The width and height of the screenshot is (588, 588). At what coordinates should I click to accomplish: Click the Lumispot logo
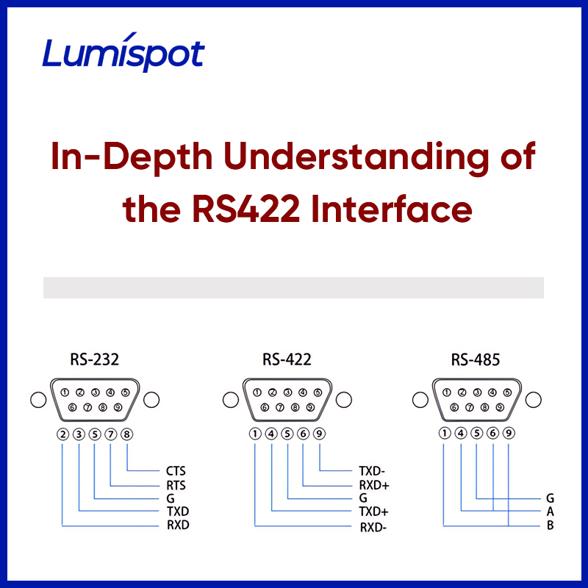coord(123,54)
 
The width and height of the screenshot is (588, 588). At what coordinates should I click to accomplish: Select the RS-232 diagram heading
coord(95,360)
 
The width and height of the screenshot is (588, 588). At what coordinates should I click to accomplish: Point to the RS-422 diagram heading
coord(287,360)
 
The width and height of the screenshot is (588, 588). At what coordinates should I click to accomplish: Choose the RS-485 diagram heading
coord(476,360)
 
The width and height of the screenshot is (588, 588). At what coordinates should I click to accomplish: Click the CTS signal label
coord(176,471)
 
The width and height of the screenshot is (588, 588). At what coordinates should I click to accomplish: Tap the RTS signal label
coord(176,485)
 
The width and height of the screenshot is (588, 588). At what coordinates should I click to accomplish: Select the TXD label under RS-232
coord(176,512)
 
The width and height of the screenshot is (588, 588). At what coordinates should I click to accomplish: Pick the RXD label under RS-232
coord(176,526)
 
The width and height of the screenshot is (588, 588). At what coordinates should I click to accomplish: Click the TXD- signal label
coord(373,471)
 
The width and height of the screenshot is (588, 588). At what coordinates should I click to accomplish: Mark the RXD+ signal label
coord(374,485)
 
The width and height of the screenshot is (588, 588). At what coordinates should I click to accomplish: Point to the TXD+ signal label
coord(373,512)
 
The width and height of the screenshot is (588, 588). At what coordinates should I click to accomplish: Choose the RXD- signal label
coord(373,526)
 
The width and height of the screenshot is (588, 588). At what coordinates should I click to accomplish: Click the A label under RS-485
coord(550,512)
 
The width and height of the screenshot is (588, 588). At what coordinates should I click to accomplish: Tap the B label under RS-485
coord(550,526)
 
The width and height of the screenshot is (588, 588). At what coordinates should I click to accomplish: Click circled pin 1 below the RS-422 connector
coord(255,434)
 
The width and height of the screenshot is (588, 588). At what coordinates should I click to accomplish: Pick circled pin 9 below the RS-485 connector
coord(508,434)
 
